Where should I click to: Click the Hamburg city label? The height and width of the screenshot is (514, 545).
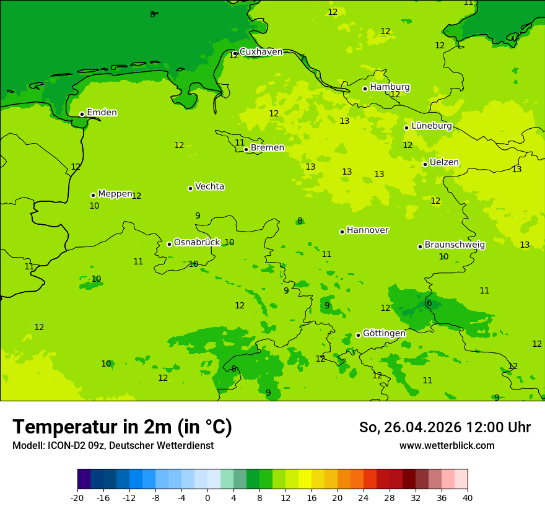(x=390, y=87)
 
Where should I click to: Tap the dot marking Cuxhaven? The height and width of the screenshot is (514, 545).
(x=235, y=54)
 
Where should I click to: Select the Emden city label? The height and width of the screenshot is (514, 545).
(x=102, y=113)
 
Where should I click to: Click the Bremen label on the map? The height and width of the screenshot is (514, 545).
(x=267, y=148)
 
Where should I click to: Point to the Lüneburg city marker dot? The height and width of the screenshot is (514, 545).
(x=406, y=128)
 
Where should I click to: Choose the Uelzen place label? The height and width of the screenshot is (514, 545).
(x=444, y=163)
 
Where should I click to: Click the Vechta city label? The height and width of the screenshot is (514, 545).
(x=209, y=186)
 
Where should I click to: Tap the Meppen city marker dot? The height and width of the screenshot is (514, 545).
(x=93, y=195)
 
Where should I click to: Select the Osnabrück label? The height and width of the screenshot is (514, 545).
(x=196, y=242)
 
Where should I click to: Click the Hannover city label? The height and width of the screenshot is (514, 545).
(x=367, y=230)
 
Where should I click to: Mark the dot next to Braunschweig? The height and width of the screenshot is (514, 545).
(x=420, y=246)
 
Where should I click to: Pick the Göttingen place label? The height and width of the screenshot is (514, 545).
(x=384, y=334)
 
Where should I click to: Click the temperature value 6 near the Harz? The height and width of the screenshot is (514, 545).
(x=429, y=303)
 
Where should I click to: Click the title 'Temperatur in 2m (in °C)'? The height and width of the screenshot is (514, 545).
(x=123, y=427)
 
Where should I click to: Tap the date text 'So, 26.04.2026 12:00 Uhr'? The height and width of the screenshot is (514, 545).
(x=445, y=427)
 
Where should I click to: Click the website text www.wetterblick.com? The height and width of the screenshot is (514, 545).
(x=447, y=446)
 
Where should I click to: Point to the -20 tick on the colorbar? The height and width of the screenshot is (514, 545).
(x=77, y=497)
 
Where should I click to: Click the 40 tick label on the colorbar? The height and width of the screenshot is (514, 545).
(x=467, y=497)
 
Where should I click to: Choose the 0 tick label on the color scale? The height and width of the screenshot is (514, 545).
(x=207, y=497)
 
